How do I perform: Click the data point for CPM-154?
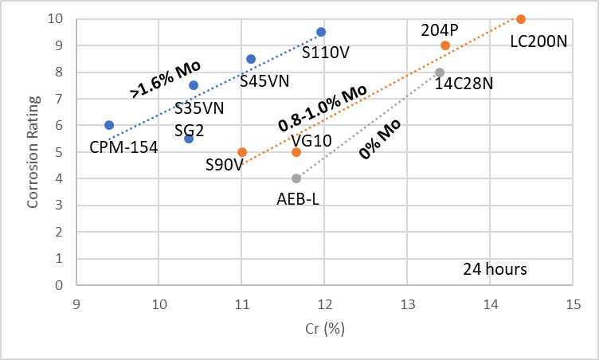109,125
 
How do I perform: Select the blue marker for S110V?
321,32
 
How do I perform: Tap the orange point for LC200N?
521,19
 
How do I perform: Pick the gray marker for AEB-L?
296,178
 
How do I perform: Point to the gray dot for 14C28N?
440,72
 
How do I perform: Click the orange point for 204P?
445,45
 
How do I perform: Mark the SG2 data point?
189,139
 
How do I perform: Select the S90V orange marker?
242,152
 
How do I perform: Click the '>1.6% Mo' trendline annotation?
164,78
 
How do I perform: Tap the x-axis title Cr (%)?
324,328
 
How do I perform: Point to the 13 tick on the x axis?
407,304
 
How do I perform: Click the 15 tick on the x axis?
573,304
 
